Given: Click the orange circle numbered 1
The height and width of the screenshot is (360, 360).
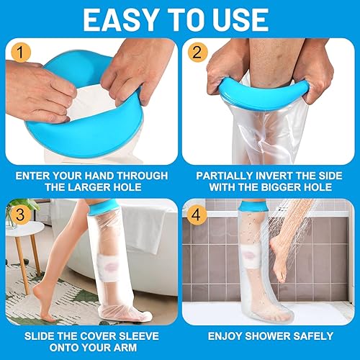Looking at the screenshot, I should click(x=23, y=53).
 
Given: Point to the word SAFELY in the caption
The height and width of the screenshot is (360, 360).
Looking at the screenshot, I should click(x=314, y=337).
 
